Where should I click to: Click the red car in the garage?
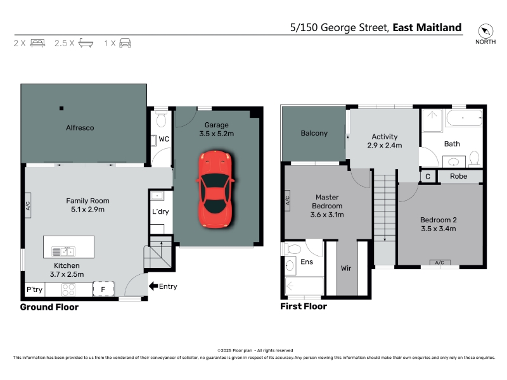click(x=215, y=189)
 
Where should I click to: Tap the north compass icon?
click(x=485, y=31)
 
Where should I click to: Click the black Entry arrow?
click(x=153, y=286)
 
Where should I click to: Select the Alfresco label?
click(x=80, y=128)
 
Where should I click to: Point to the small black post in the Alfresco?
click(x=61, y=108)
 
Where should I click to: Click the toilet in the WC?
click(x=161, y=119)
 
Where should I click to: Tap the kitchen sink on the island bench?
click(x=63, y=251)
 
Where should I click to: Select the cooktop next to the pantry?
click(x=68, y=289)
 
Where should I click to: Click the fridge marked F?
click(x=103, y=289)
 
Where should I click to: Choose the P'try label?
click(x=34, y=289)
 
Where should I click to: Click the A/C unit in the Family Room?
click(x=28, y=205)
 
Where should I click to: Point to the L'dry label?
click(x=160, y=212)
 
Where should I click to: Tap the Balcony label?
click(x=314, y=133)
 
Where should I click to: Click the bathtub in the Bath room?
click(x=464, y=118)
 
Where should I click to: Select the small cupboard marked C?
click(x=428, y=177)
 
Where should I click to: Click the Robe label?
click(x=458, y=177)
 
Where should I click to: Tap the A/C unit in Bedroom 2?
click(x=440, y=262)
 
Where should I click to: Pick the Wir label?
click(x=346, y=268)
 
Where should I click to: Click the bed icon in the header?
click(x=37, y=43)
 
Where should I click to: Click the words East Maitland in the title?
click(x=427, y=27)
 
